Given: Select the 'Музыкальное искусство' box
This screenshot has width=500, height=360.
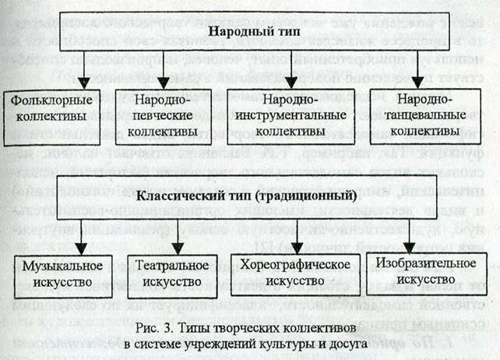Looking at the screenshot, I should coord(63,273).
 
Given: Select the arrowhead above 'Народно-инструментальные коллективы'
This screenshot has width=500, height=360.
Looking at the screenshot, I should coord(290,81).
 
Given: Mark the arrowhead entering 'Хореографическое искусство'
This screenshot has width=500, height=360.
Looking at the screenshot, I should coord(290,246).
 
